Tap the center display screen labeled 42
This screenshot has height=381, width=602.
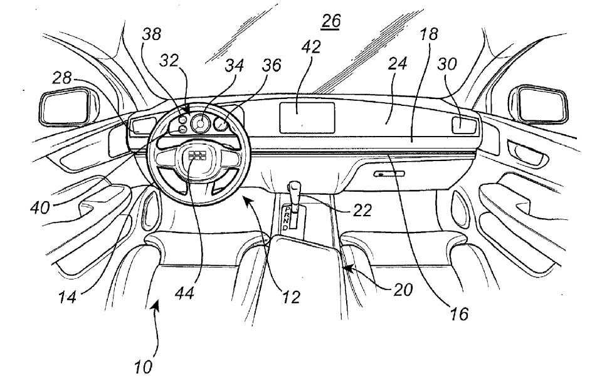click(307, 117)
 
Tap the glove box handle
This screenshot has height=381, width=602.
click(383, 174)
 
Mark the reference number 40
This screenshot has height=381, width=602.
click(39, 207)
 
